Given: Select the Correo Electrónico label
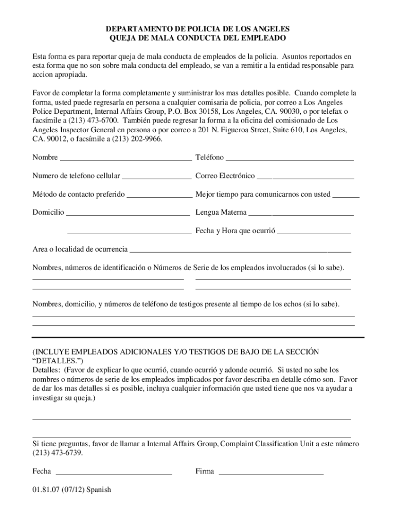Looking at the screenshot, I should pyautogui.click(x=225, y=176).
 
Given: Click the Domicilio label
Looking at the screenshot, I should pyautogui.click(x=48, y=212).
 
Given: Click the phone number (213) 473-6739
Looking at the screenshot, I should pyautogui.click(x=57, y=453).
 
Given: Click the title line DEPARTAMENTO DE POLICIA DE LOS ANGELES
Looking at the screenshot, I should pyautogui.click(x=198, y=29).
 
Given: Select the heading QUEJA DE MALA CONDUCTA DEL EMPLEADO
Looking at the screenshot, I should pyautogui.click(x=198, y=39).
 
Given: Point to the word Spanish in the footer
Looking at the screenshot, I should pyautogui.click(x=99, y=489).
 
